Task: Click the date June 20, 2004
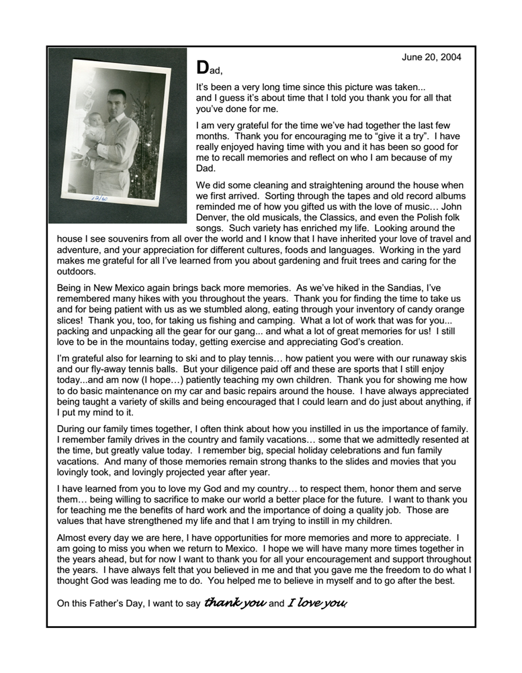coord(431,57)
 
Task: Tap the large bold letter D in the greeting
coord(202,68)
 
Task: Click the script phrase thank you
coord(234,603)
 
